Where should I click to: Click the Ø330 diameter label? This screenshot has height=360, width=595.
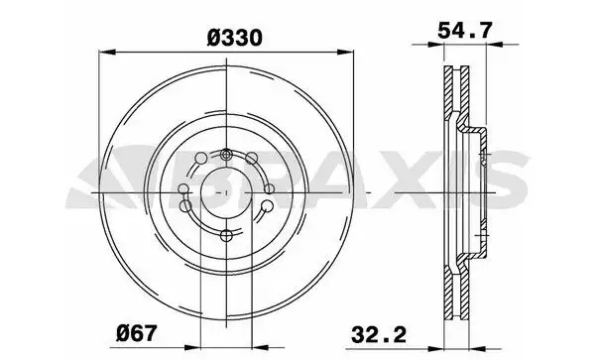tap(235, 38)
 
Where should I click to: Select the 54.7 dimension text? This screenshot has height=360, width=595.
tap(465, 30)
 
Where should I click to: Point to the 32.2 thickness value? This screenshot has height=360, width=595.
tap(379, 334)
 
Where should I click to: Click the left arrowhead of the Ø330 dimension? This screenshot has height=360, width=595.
tap(107, 53)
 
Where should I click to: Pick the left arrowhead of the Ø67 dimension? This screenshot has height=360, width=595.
tap(192, 347)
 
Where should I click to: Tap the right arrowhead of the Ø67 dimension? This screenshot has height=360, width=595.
tap(260, 347)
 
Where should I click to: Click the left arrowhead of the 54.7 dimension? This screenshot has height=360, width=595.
tap(435, 45)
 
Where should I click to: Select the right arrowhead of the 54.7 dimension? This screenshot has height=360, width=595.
tap(494, 45)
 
